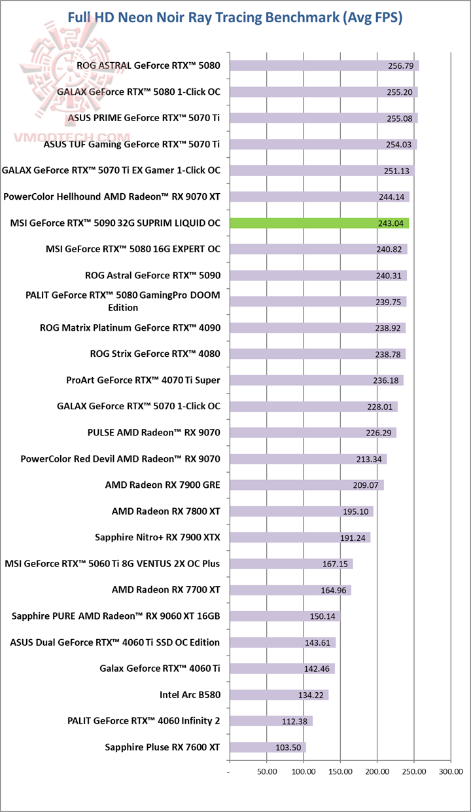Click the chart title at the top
[x=235, y=18]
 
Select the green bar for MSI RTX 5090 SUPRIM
[x=319, y=223]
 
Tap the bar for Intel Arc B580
[x=279, y=695]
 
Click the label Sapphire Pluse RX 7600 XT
[x=162, y=747]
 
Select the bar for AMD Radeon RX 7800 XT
[x=301, y=511]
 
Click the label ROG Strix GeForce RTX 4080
[x=155, y=354]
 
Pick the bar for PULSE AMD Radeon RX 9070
[x=313, y=433]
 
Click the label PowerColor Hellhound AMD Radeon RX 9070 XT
[x=112, y=196]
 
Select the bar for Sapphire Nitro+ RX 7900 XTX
[x=300, y=538]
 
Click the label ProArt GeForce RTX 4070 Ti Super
[x=143, y=380]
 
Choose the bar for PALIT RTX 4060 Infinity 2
[x=271, y=721]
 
